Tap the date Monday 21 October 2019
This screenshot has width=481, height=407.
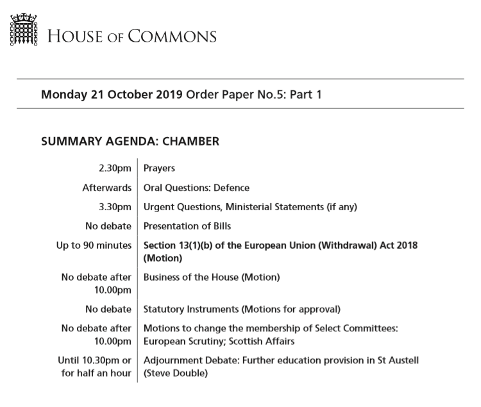coord(112,94)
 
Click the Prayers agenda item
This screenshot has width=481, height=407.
coord(160,169)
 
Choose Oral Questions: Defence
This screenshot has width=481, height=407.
coord(196,188)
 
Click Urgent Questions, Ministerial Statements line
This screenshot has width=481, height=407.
coord(250,206)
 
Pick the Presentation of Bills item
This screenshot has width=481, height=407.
coord(187,226)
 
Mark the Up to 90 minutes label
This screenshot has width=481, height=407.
coord(94,245)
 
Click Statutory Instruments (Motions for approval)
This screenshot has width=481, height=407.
coord(242,309)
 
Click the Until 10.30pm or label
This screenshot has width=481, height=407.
coord(94,360)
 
